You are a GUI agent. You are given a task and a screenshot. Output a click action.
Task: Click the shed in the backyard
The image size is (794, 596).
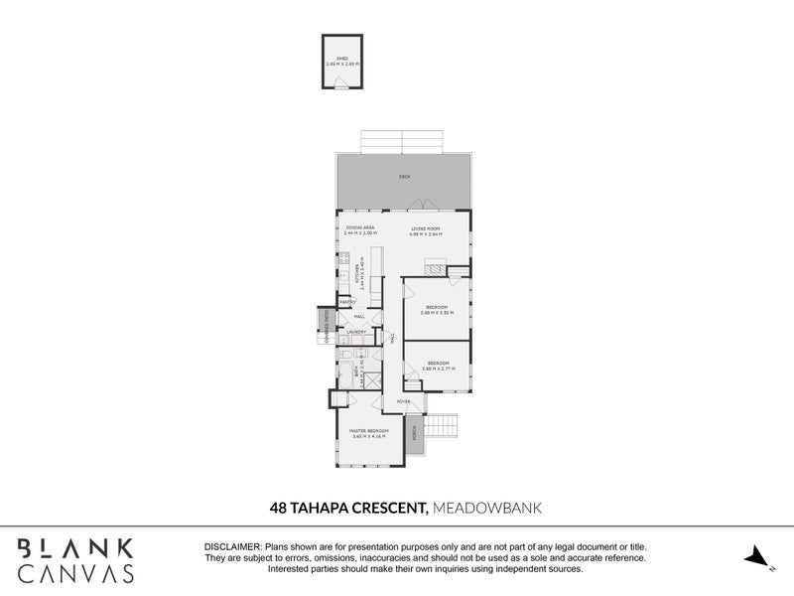coord(342,63)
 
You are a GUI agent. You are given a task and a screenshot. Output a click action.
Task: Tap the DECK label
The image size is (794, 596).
coord(404,177)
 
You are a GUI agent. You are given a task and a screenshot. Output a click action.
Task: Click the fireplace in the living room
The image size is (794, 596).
coord(434,266)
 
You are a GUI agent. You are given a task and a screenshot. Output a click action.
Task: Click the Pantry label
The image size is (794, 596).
coord(347,301)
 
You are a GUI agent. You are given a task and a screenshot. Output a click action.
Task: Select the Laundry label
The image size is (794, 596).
coord(356,332)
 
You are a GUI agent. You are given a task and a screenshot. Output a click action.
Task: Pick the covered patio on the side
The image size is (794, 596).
coord(326,325)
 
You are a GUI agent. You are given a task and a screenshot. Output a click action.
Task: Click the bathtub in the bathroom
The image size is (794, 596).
coord(346,375)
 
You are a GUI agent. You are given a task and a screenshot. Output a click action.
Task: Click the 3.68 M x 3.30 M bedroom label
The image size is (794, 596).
coord(438,309)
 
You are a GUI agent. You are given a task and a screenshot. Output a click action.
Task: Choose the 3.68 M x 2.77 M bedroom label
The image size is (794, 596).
coord(438,365)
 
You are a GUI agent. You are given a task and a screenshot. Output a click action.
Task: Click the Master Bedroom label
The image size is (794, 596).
coord(368,432)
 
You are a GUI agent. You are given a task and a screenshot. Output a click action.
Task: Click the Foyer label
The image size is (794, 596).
coord(404,401)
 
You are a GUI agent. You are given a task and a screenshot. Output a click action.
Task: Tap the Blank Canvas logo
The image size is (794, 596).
coord(75,559)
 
